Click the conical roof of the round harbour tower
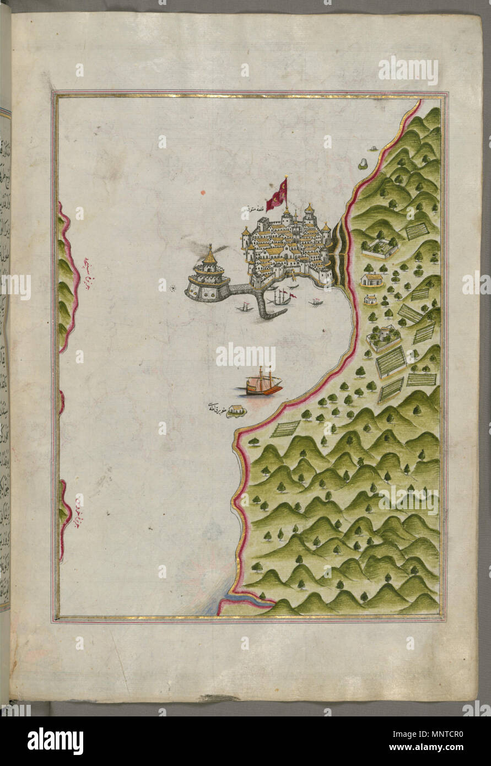pos(210,255)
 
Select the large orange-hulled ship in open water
pos(262,384)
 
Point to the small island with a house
pos(236,411)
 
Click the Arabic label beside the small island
pos(215,408)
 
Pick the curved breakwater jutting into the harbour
pos(267,306)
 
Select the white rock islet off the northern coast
pos(363,164)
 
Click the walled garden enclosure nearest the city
pos(380,247)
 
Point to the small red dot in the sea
pos(202,193)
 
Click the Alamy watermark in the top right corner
pos(408,71)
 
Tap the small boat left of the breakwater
pos(244,308)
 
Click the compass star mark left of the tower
pos(172,287)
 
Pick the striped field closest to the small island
pos(285,428)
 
